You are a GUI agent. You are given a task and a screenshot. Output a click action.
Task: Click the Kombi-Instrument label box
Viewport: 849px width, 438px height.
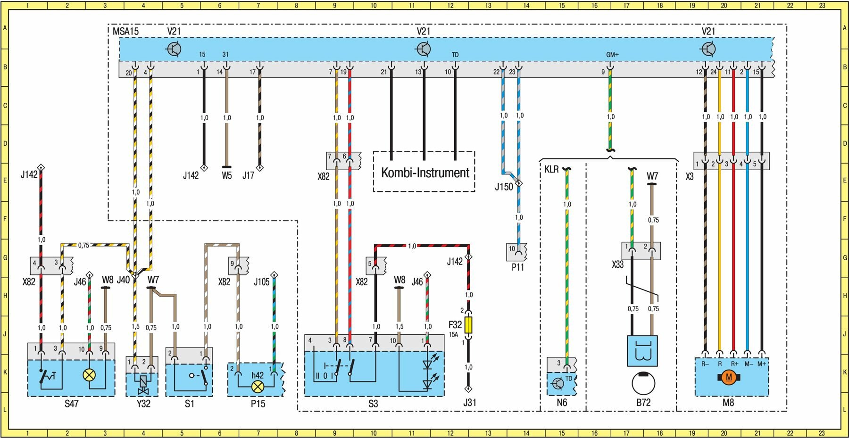424,172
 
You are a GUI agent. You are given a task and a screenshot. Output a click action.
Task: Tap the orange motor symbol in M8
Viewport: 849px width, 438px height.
729,377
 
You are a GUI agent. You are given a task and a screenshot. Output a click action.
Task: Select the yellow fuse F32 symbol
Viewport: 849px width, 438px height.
468,325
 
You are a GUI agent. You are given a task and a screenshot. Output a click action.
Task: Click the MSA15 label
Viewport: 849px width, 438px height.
125,32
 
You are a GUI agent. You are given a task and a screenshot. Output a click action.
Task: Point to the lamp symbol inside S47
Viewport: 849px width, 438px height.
89,375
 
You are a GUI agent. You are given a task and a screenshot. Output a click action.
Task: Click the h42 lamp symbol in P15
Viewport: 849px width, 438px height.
258,387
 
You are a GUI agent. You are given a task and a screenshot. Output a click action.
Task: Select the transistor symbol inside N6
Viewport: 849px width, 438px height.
558,383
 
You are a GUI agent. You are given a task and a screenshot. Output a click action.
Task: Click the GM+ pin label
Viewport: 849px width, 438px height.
612,55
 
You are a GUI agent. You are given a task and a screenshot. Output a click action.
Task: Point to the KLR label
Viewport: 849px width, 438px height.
551,169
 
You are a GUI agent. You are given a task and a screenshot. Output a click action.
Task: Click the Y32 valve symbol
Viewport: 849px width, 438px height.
143,384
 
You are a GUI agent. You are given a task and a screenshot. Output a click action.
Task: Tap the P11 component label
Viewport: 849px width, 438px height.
518,267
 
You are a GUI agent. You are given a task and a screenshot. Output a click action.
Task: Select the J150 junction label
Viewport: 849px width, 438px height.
503,187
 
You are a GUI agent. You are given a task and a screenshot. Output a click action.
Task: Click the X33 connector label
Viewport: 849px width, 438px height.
618,264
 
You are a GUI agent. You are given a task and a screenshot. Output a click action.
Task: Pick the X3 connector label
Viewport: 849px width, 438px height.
690,177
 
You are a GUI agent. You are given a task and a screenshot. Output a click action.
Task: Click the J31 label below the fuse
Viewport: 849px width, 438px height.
469,403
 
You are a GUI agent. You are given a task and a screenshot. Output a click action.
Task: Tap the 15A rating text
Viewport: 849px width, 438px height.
453,334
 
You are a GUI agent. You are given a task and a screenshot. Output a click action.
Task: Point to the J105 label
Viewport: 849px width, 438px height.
261,282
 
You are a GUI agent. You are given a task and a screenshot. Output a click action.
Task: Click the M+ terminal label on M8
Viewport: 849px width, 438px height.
762,364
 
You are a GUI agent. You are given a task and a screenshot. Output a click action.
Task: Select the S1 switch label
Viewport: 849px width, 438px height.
189,404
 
